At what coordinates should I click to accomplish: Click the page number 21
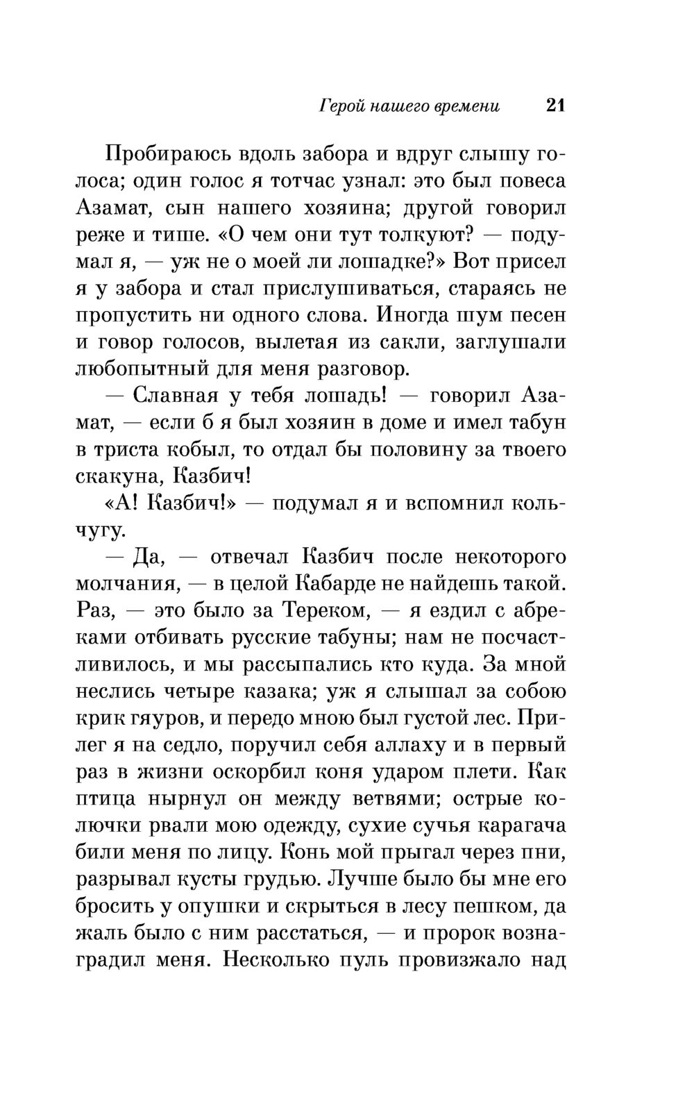coord(555,106)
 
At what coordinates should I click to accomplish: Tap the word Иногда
coord(412,315)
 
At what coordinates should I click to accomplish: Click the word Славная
coord(174,396)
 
